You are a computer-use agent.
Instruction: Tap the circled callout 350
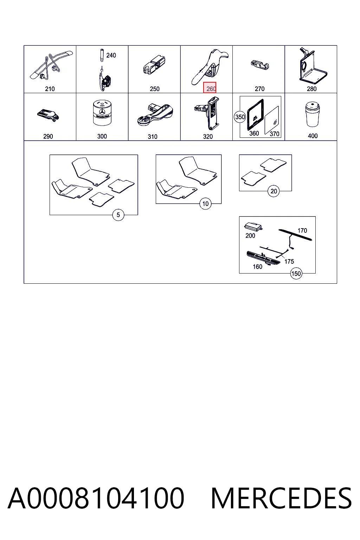pyautogui.click(x=240, y=117)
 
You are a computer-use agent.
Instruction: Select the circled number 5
pyautogui.click(x=118, y=215)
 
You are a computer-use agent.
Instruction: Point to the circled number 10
pyautogui.click(x=205, y=204)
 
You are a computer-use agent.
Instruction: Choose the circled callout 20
pyautogui.click(x=274, y=191)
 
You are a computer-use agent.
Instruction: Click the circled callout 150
pyautogui.click(x=296, y=274)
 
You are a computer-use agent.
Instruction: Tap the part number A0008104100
pyautogui.click(x=96, y=498)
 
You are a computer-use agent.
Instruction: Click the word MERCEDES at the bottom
pyautogui.click(x=281, y=498)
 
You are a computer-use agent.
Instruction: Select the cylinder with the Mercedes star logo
pyautogui.click(x=102, y=113)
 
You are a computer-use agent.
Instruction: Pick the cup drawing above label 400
pyautogui.click(x=313, y=114)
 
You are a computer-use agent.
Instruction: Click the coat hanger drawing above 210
pyautogui.click(x=51, y=65)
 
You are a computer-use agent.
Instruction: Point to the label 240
pyautogui.click(x=111, y=56)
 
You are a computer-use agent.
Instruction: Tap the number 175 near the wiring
pyautogui.click(x=289, y=262)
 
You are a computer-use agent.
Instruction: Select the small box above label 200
pyautogui.click(x=253, y=227)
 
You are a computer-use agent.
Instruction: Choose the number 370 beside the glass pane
pyautogui.click(x=275, y=134)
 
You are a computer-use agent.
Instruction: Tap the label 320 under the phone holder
pyautogui.click(x=208, y=137)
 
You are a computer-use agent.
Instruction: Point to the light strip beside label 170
pyautogui.click(x=295, y=235)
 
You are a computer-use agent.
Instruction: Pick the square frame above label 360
pyautogui.click(x=255, y=115)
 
